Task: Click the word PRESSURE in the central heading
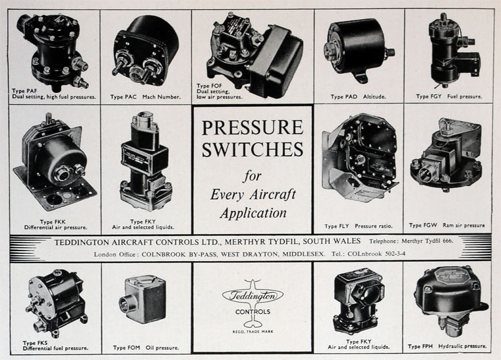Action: [x=252, y=127]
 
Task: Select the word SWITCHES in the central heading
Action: [x=252, y=149]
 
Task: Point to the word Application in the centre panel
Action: [x=253, y=213]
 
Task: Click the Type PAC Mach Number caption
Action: [x=146, y=96]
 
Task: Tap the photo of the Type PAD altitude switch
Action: [x=358, y=51]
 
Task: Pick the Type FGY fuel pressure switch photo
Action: [x=453, y=51]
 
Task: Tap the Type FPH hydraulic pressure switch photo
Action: [x=450, y=301]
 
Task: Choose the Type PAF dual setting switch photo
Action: [x=53, y=51]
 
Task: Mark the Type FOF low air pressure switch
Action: [x=254, y=54]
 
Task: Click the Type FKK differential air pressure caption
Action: [x=55, y=224]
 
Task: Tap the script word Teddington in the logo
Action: [x=252, y=296]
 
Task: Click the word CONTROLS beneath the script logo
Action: [x=252, y=312]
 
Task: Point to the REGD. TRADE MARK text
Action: [x=252, y=332]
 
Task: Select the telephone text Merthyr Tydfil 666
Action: [x=427, y=241]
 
